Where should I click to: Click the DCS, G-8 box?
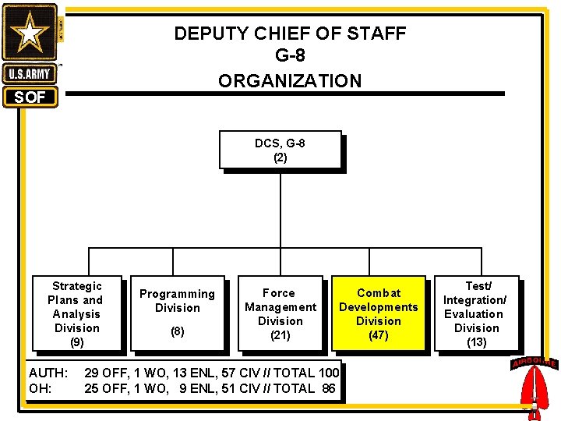[280, 150]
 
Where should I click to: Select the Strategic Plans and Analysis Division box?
[76, 313]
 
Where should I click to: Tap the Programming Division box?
[177, 313]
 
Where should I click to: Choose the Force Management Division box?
[280, 313]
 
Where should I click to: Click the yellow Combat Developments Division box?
[379, 313]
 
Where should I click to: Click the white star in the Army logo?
[30, 33]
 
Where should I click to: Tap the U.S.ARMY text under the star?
[30, 75]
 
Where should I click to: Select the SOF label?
[30, 97]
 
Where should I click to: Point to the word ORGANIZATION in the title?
[290, 81]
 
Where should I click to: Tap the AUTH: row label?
[48, 373]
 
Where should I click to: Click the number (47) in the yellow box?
[379, 335]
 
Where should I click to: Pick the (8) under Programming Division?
[177, 331]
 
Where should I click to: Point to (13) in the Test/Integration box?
[476, 341]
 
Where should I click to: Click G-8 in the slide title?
[290, 57]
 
